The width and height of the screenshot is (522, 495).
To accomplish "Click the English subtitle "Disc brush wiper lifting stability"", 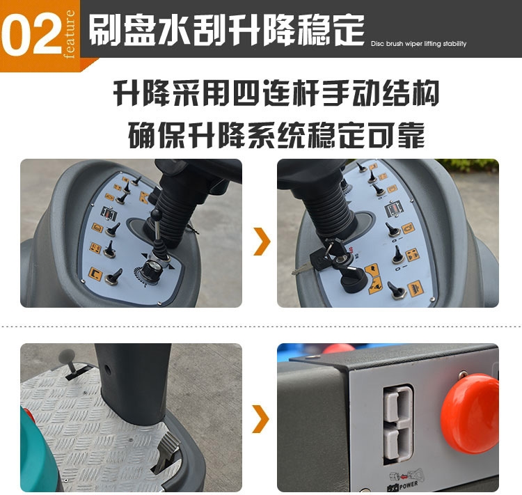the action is [x=418, y=44].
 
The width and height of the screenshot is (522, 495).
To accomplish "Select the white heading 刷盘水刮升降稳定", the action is [x=226, y=31].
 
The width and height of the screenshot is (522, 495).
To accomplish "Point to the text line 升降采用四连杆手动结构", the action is [x=276, y=93].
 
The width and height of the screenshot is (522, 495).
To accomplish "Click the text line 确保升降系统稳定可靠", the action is [x=276, y=134].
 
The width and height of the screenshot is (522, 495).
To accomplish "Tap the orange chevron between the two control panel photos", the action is [x=261, y=241].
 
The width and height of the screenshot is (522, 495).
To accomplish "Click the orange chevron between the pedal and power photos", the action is [x=261, y=418].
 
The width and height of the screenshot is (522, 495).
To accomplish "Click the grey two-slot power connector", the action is [x=399, y=424].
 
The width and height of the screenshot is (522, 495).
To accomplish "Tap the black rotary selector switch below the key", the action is [x=352, y=281].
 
